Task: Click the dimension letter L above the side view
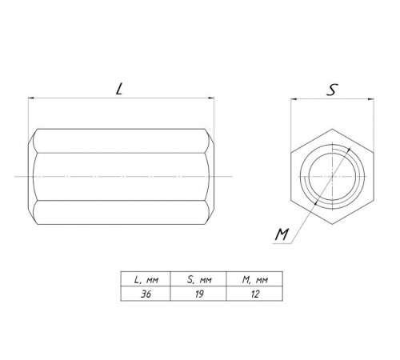[119, 89]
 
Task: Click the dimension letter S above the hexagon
[332, 90]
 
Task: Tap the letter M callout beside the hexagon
[282, 234]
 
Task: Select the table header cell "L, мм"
[146, 280]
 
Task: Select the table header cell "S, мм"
[199, 280]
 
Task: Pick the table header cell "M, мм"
[255, 280]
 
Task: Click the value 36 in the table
[146, 294]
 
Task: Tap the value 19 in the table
[199, 294]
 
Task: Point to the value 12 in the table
[255, 294]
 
